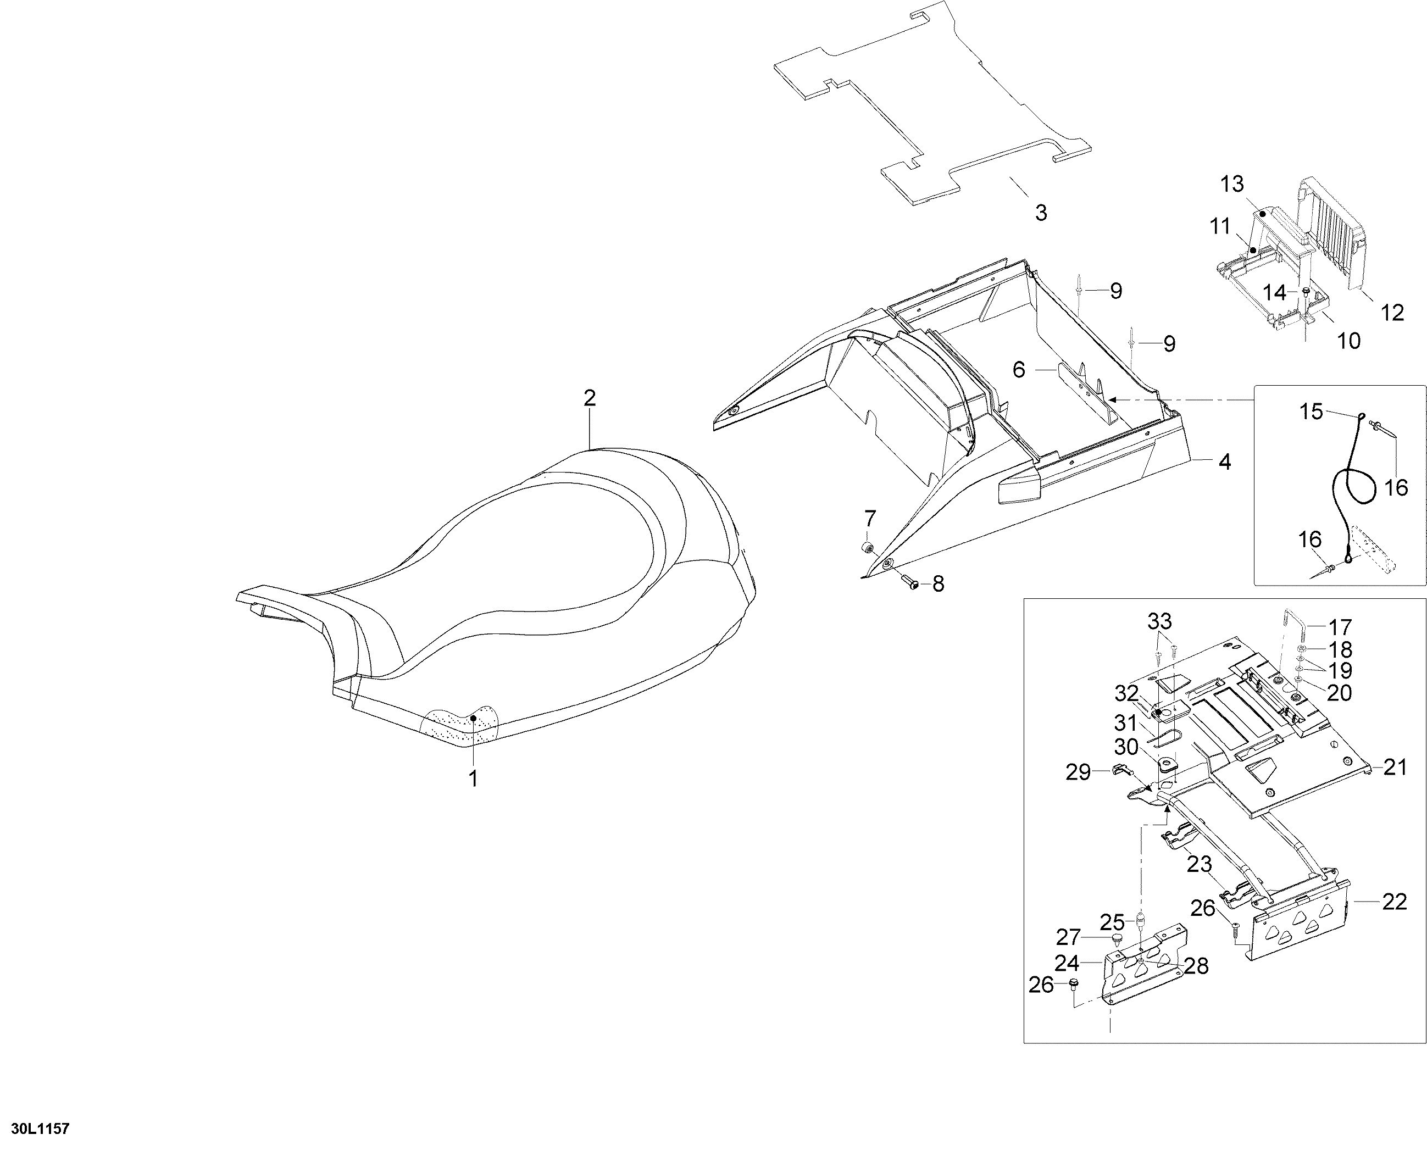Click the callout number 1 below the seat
pos(474,779)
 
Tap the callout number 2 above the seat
pos(590,398)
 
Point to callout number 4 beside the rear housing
pos(1225,462)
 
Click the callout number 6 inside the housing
pos(1019,370)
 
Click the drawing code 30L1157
pos(36,1129)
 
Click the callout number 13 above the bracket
pos(1232,184)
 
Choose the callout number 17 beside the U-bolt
pos(1340,627)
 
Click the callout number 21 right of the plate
pos(1395,768)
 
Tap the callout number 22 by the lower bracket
pos(1394,902)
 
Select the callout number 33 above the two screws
pos(1160,621)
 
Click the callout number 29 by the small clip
pos(1078,772)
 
